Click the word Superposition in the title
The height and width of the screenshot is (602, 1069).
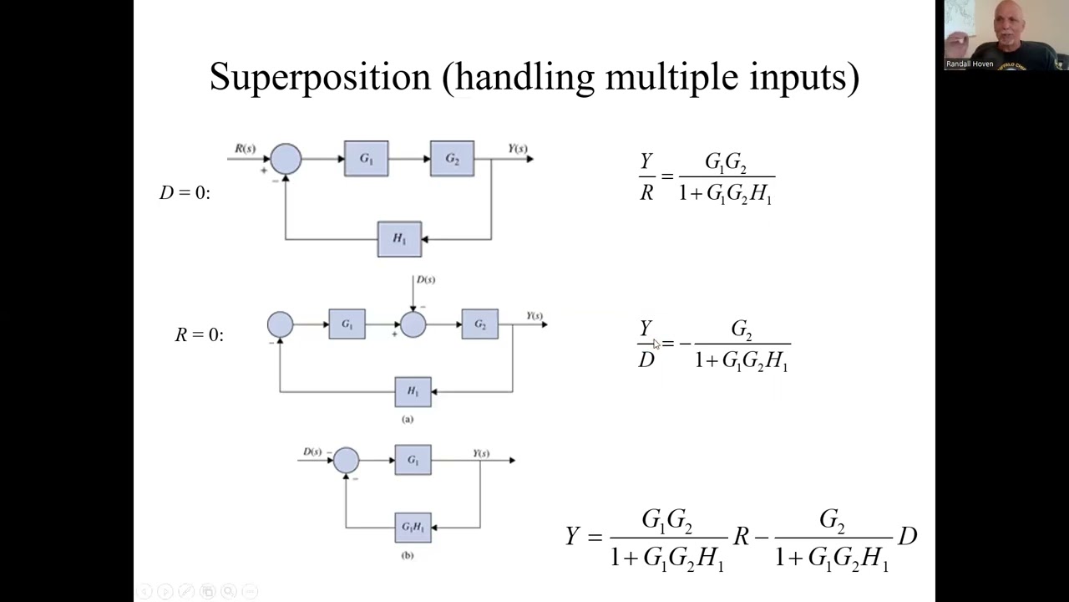(x=320, y=78)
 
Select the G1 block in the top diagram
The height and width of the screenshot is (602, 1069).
(x=366, y=159)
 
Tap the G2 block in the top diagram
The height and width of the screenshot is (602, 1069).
(x=452, y=159)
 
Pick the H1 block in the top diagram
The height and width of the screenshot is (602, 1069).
(x=399, y=239)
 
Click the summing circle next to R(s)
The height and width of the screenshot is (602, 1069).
(x=286, y=159)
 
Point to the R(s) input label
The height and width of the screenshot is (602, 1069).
(x=245, y=149)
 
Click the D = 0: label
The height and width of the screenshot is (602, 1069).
(x=185, y=192)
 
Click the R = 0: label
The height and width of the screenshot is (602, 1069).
(x=199, y=334)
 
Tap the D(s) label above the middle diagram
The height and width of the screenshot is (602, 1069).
(x=425, y=279)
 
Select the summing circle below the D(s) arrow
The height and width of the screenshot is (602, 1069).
(x=413, y=324)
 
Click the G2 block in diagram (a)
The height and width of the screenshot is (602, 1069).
(x=479, y=324)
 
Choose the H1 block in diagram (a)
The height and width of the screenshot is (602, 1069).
(x=413, y=391)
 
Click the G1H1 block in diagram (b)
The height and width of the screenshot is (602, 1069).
(x=413, y=527)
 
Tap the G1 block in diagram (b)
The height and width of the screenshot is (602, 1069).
(x=413, y=460)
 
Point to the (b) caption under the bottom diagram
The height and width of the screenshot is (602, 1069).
(x=407, y=555)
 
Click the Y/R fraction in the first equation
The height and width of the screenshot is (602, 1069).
(x=646, y=177)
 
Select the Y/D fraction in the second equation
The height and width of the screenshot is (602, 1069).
(x=646, y=344)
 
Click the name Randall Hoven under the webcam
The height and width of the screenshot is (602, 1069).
(x=970, y=64)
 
